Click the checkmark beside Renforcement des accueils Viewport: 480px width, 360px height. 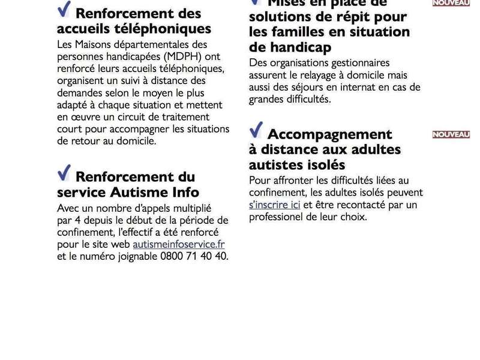pos(64,10)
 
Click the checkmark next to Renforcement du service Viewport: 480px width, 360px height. pos(64,173)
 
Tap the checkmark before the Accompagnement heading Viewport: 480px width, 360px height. pos(256,130)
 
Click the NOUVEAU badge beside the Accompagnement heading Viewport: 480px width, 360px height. pos(451,134)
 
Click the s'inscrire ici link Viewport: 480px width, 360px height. pos(274,205)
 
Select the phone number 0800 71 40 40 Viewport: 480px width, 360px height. pos(194,256)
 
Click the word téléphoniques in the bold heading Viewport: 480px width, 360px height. pos(172,28)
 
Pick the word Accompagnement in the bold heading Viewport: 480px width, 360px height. pos(329,134)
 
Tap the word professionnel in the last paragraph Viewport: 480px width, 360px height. pos(277,217)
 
